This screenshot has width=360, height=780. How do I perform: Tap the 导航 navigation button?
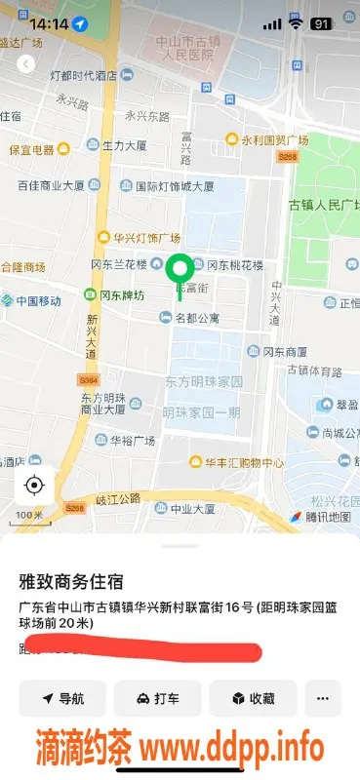(x=61, y=698)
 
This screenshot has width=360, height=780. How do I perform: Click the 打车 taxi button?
(x=157, y=698)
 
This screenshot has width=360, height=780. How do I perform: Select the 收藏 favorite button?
(x=253, y=698)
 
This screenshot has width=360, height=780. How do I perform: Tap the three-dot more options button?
(x=323, y=698)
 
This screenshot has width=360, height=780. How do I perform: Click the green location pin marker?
(x=179, y=267)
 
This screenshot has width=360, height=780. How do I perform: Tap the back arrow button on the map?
(x=26, y=63)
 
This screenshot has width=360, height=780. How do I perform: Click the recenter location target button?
(x=34, y=485)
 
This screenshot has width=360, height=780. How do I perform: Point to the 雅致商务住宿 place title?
(x=71, y=581)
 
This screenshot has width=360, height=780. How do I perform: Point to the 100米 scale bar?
(x=29, y=514)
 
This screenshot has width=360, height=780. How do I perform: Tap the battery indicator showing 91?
(x=321, y=23)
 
